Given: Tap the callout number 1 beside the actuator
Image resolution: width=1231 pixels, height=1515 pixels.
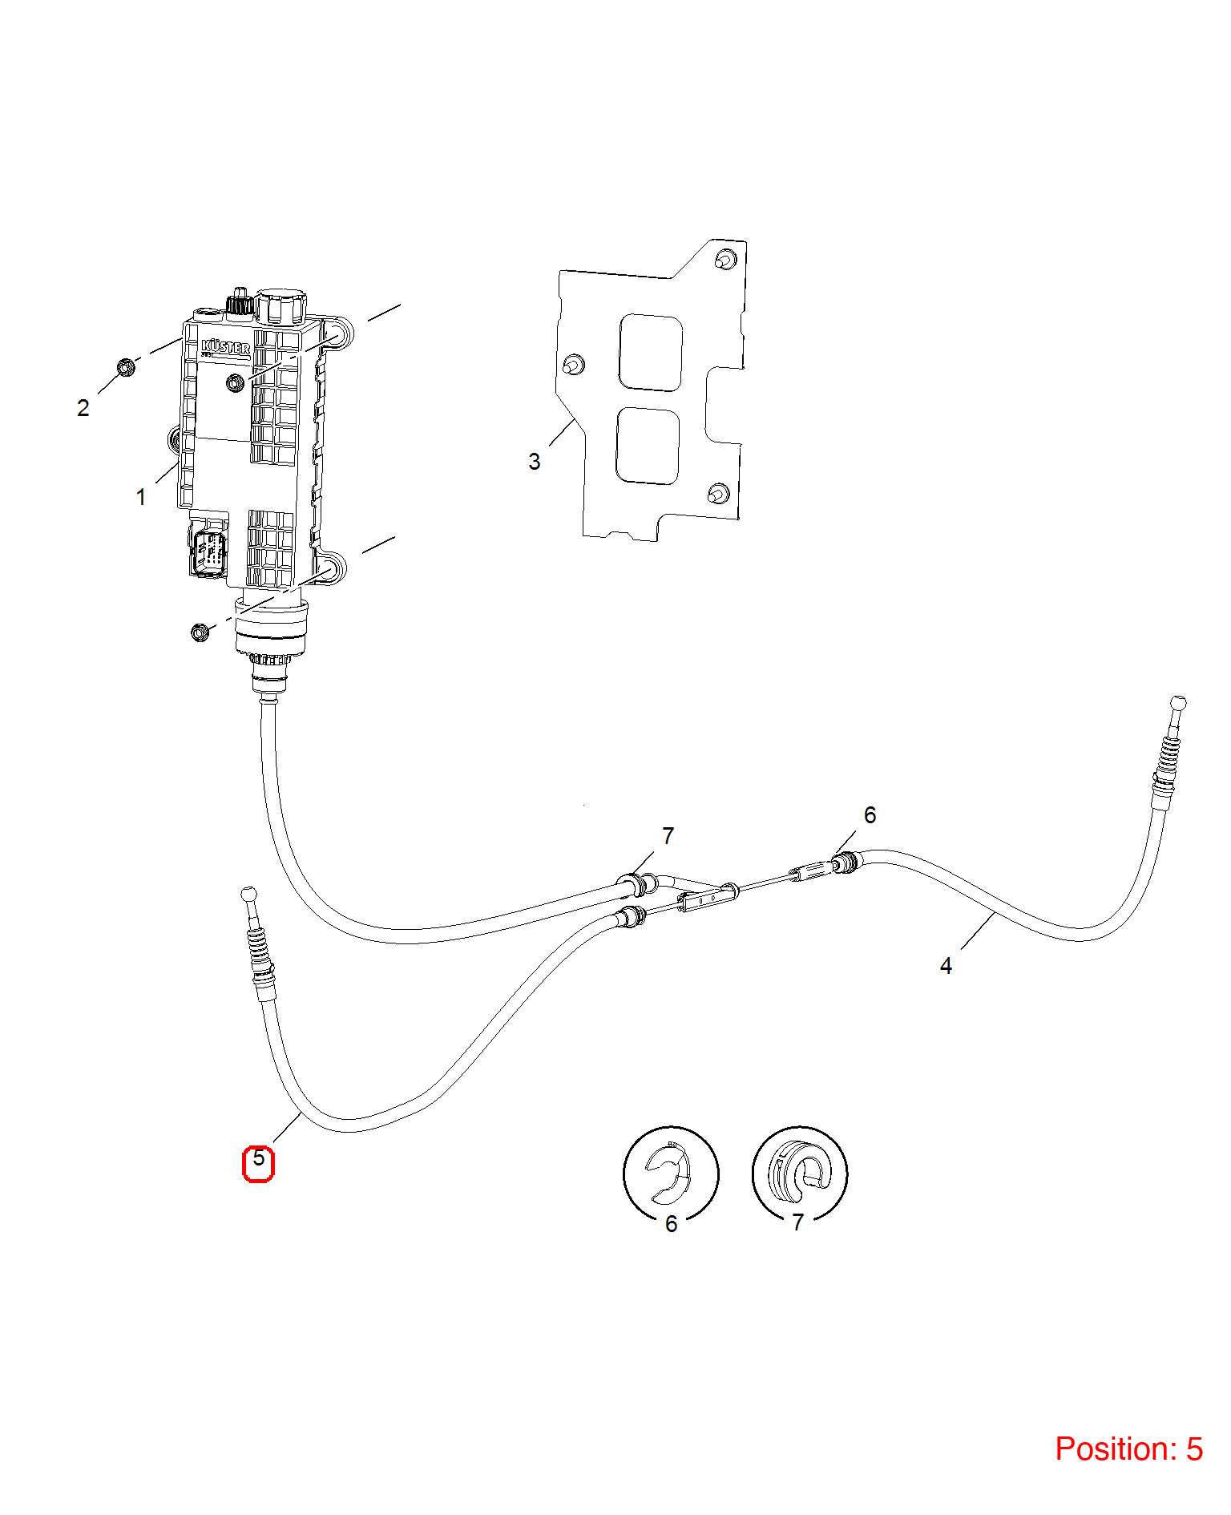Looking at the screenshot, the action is click(x=141, y=498).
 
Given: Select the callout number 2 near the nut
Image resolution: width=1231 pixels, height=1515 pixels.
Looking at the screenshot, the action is click(x=83, y=408).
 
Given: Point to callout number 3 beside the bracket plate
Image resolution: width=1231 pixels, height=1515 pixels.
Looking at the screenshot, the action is click(x=535, y=462).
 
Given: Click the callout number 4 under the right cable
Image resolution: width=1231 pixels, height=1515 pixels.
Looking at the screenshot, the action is click(x=946, y=966).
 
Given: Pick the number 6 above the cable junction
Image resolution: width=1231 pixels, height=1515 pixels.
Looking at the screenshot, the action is click(x=870, y=815).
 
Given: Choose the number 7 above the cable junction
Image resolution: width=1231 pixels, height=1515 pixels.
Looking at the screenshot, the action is click(x=668, y=836).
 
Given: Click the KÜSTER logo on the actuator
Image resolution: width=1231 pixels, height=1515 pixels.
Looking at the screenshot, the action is click(x=225, y=347).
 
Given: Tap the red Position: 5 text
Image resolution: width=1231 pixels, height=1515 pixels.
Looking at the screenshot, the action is click(x=1128, y=1448).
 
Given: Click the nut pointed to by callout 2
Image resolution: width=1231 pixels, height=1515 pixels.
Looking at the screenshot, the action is click(x=126, y=367).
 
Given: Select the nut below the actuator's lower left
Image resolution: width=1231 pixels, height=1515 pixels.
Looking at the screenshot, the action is click(x=200, y=632).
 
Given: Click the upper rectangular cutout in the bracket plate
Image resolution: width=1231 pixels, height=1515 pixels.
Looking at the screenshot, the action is click(x=651, y=353).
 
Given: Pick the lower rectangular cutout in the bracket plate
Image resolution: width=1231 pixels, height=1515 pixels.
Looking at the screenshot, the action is click(x=648, y=446).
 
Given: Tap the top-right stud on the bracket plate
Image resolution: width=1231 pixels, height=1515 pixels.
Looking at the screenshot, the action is click(x=725, y=260).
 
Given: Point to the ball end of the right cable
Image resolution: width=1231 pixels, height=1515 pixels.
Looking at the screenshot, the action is click(x=1178, y=703).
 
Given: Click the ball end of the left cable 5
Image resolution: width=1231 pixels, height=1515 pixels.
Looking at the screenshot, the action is click(x=248, y=893).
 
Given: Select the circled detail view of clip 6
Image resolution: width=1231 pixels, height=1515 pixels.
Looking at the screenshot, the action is click(x=672, y=1174).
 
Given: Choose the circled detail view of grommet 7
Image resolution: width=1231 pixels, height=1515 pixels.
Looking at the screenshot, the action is click(x=800, y=1174).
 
